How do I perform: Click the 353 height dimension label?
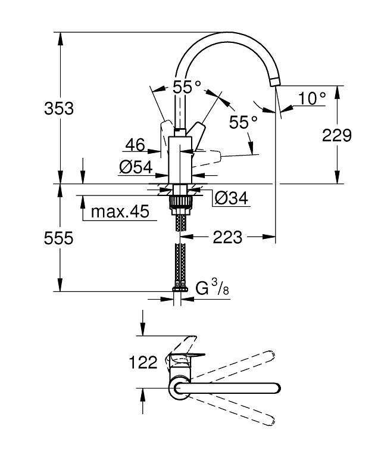pyautogui.click(x=59, y=108)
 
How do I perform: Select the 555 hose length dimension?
pyautogui.click(x=58, y=238)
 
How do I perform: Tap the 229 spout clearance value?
pyautogui.click(x=337, y=135)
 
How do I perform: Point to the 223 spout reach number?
pyautogui.click(x=227, y=237)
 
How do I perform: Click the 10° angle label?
pyautogui.click(x=312, y=98)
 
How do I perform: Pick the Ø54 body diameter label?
pyautogui.click(x=136, y=167)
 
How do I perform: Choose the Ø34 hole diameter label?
pyautogui.click(x=232, y=198)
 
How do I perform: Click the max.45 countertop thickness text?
pyautogui.click(x=120, y=212)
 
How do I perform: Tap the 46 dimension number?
pyautogui.click(x=135, y=145)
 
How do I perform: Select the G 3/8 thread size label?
pyautogui.click(x=212, y=287)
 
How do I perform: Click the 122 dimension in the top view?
pyautogui.click(x=143, y=363)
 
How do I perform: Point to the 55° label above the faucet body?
pyautogui.click(x=187, y=87)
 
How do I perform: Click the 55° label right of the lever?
pyautogui.click(x=243, y=122)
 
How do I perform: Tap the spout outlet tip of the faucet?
pyautogui.click(x=274, y=82)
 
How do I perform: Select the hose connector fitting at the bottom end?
pyautogui.click(x=180, y=289)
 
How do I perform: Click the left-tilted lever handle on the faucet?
pyautogui.click(x=165, y=137)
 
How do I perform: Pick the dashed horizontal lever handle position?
pyautogui.click(x=207, y=158)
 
